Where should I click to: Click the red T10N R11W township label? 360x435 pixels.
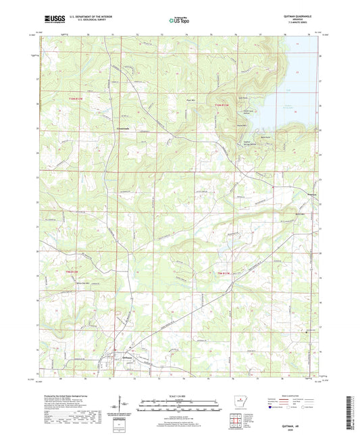pyautogui.click(x=222, y=105)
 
